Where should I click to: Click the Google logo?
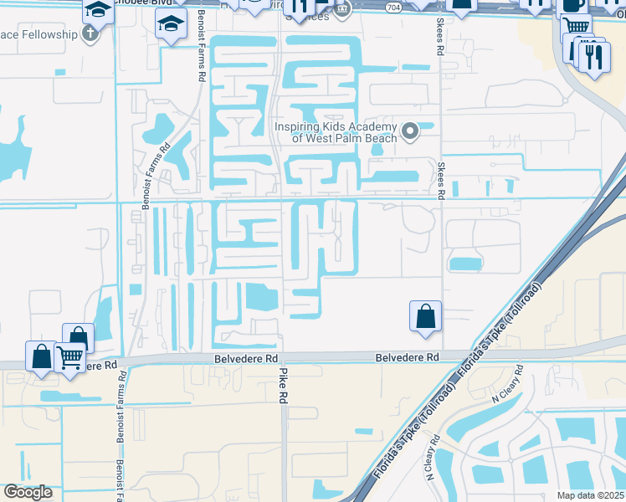pyautogui.click(x=28, y=492)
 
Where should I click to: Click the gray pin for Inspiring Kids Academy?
pyautogui.click(x=410, y=131)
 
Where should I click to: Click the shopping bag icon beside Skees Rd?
pyautogui.click(x=426, y=316)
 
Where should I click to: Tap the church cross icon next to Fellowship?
pyautogui.click(x=90, y=33)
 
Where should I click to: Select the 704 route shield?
pyautogui.click(x=393, y=7)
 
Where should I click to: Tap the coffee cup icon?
pyautogui.click(x=574, y=4)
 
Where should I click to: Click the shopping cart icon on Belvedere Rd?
pyautogui.click(x=70, y=357)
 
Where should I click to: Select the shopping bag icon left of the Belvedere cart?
pyautogui.click(x=41, y=356)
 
